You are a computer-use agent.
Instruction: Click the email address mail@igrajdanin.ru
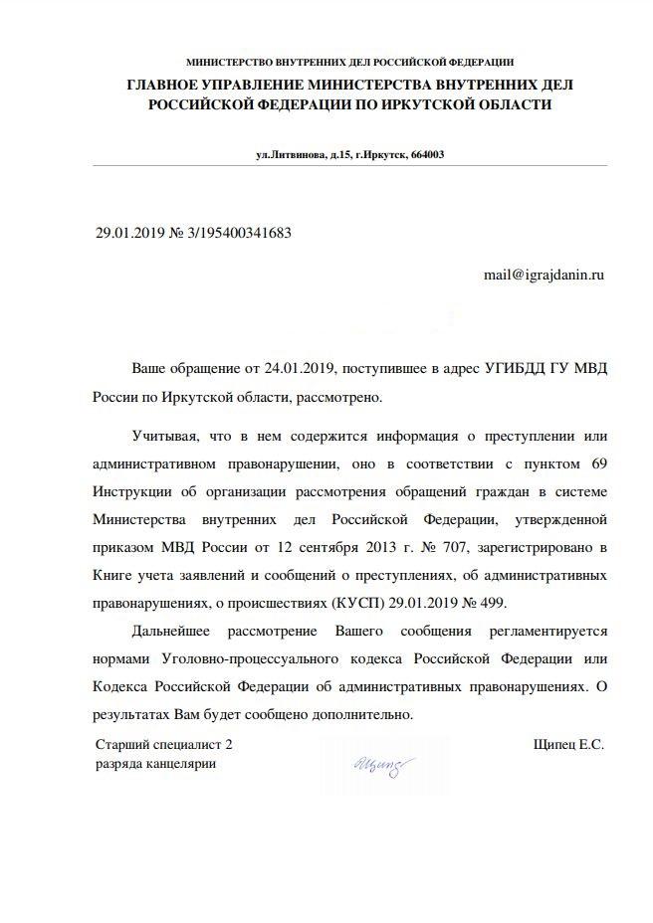coord(544,273)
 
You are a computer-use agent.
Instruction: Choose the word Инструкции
coord(132,492)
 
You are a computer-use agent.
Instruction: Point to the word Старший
coord(122,743)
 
